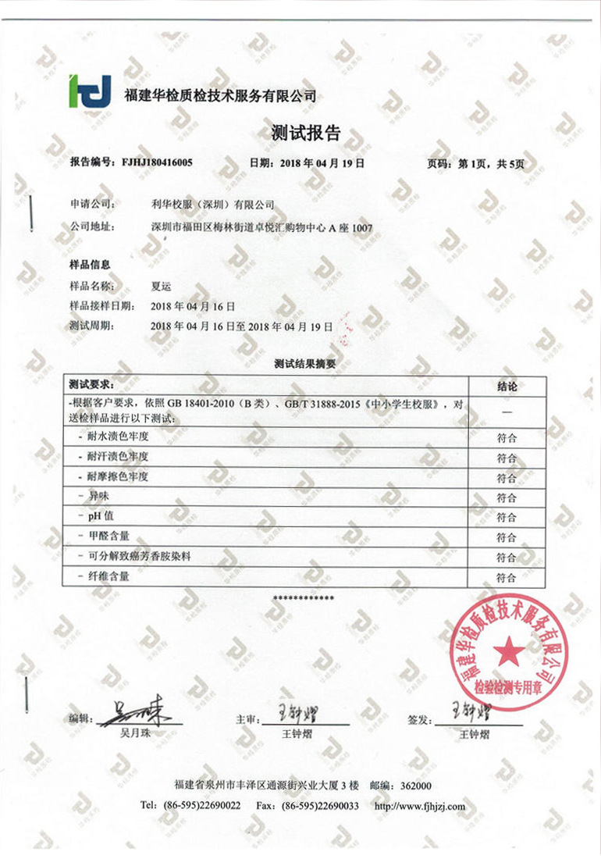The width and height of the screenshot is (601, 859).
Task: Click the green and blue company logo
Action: [90, 91]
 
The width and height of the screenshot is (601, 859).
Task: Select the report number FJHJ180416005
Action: [156, 163]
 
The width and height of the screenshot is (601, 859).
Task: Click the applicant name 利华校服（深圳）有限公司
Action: [212, 205]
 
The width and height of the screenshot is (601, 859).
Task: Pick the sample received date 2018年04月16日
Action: [192, 306]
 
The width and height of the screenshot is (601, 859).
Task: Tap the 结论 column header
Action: [507, 386]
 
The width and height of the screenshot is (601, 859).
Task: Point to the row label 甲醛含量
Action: [109, 536]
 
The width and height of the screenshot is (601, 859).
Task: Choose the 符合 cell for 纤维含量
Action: [507, 578]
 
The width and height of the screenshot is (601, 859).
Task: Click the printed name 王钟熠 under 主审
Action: [297, 735]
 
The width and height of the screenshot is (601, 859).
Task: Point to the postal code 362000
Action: [414, 786]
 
